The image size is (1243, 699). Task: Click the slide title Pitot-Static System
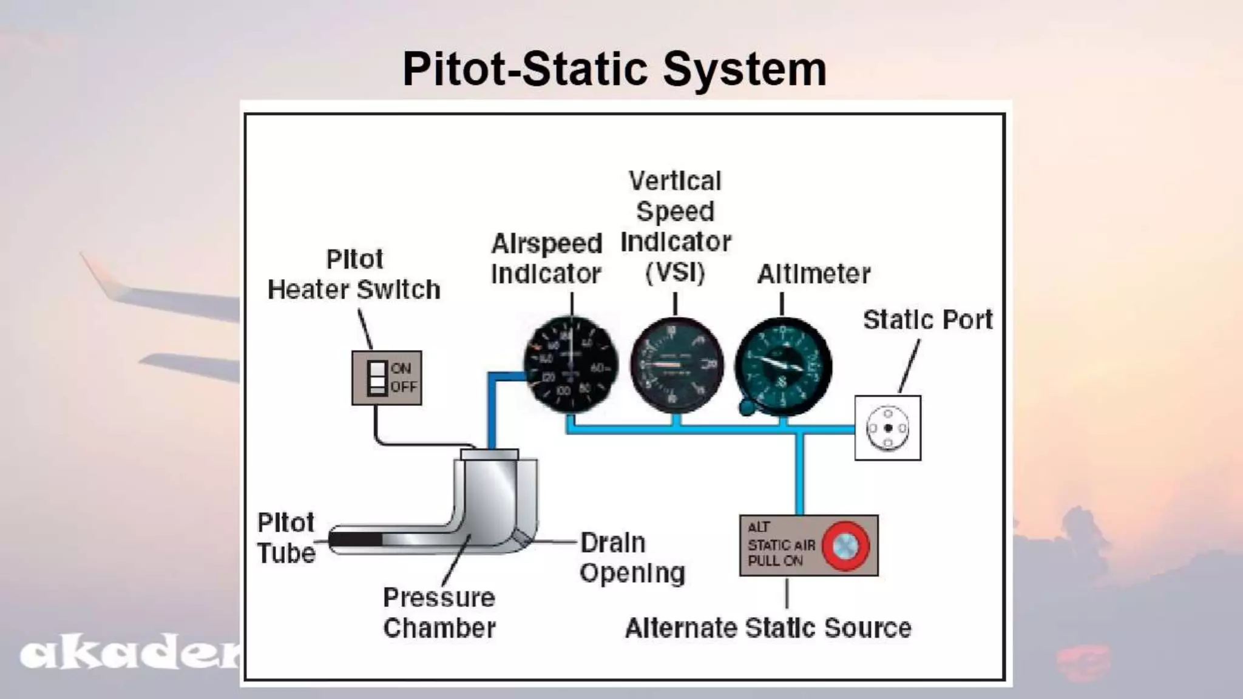(x=614, y=69)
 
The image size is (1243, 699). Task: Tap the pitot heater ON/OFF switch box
(x=387, y=377)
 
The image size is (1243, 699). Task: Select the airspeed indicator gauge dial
(x=571, y=364)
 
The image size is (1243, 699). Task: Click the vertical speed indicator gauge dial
(x=677, y=365)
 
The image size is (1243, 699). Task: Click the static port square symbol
(x=887, y=428)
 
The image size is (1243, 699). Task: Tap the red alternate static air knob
(x=845, y=546)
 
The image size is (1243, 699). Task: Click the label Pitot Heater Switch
(x=354, y=274)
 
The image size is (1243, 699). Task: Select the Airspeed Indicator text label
(x=546, y=258)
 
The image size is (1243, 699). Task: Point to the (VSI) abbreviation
(x=675, y=272)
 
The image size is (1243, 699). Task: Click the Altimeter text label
(x=813, y=274)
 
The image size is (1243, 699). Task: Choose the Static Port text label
(x=927, y=320)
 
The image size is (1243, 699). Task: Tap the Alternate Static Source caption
(x=768, y=628)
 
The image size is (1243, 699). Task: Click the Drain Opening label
(x=632, y=558)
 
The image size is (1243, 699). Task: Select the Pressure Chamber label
(x=439, y=613)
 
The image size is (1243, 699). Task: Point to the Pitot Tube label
(x=286, y=538)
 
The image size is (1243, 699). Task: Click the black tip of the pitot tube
(x=356, y=539)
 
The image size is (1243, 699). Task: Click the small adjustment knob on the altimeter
(x=747, y=407)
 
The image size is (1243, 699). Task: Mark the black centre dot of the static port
(x=888, y=428)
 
